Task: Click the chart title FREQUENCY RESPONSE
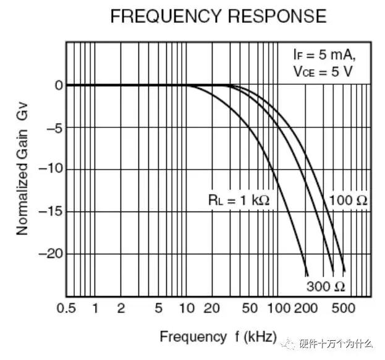218,17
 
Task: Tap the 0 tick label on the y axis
59,85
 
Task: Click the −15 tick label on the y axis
52,212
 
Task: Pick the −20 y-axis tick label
52,254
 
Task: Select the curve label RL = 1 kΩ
239,200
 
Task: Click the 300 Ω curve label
325,286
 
